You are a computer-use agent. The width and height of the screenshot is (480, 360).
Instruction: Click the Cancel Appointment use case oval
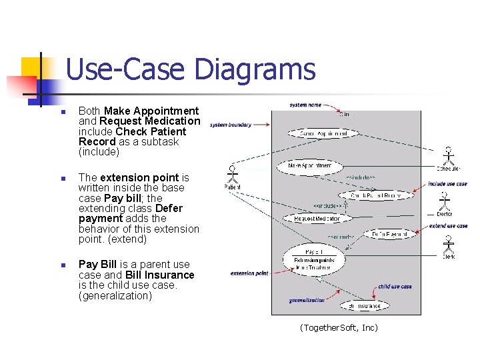tap(317, 133)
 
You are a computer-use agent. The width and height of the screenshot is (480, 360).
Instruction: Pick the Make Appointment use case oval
tap(311, 165)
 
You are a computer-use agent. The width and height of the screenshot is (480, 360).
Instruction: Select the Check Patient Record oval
tap(375, 195)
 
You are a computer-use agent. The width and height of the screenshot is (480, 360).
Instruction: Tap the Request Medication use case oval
tap(317, 218)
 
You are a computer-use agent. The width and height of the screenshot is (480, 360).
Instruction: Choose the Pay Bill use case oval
tap(313, 259)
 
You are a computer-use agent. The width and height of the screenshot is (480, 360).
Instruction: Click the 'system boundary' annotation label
tap(230, 125)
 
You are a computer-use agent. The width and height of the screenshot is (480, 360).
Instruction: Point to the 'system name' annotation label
tap(305, 105)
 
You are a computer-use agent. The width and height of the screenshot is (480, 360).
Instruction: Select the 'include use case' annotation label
tap(447, 184)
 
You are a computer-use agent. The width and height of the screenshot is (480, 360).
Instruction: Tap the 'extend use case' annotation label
tap(448, 226)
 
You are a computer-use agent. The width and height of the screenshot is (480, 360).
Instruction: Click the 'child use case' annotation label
tap(395, 287)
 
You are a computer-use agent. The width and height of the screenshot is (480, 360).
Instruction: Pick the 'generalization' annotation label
tap(307, 301)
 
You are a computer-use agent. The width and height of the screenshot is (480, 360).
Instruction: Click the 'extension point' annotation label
tap(250, 273)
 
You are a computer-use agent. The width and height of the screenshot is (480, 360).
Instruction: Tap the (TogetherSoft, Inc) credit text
tap(339, 327)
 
